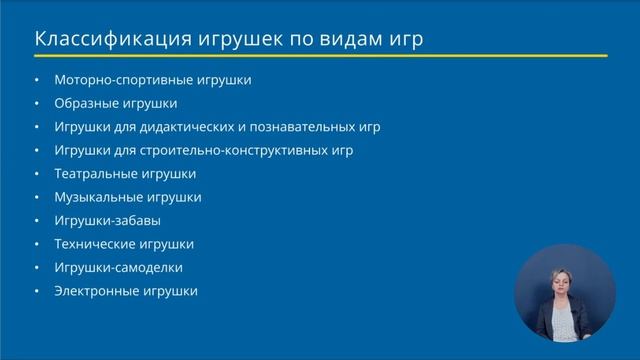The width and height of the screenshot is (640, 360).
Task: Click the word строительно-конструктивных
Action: point(233,150)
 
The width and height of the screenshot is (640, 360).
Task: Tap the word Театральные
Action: point(95,174)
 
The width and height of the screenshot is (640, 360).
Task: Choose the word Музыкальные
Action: point(96,197)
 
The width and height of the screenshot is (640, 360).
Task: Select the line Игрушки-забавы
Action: point(108,221)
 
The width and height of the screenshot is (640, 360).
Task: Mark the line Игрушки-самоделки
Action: point(119,268)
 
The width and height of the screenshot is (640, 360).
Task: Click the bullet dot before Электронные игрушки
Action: point(37,292)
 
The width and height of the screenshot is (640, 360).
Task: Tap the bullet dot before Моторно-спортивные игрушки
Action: point(37,80)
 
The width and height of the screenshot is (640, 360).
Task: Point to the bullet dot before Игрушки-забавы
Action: point(37,221)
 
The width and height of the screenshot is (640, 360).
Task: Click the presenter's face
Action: point(557,280)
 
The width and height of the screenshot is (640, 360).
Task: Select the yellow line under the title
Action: point(320,56)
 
